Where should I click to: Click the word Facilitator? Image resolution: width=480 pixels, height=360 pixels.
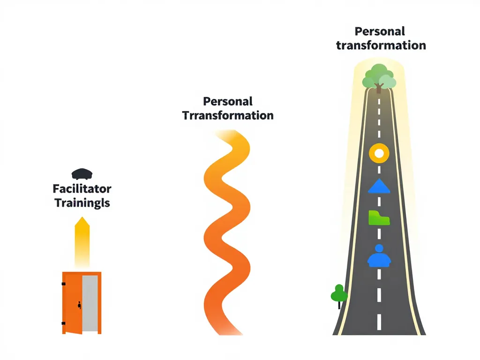(x=82, y=189)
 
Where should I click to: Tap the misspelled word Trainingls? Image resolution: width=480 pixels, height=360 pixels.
(x=82, y=203)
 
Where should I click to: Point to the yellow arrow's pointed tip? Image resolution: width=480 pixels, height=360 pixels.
(x=82, y=218)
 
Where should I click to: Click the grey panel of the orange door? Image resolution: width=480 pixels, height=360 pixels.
(x=90, y=302)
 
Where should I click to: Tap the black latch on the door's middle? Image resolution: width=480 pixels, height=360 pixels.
(x=80, y=306)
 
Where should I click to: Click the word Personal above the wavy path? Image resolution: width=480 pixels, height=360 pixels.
(x=228, y=101)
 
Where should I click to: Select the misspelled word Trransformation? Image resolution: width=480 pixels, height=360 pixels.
(x=228, y=115)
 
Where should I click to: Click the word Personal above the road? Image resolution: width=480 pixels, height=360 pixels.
(x=380, y=31)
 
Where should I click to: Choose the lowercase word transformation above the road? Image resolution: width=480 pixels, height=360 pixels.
(x=381, y=45)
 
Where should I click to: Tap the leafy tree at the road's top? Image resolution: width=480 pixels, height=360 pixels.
(x=379, y=76)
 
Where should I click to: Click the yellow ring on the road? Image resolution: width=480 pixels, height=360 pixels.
(x=379, y=153)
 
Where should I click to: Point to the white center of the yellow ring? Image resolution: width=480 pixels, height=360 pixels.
(x=379, y=153)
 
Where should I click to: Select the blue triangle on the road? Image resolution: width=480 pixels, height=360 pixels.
(x=379, y=187)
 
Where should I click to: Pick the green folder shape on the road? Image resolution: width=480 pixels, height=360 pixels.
(x=379, y=218)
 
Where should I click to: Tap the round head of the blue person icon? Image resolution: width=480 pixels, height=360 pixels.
(x=379, y=248)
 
